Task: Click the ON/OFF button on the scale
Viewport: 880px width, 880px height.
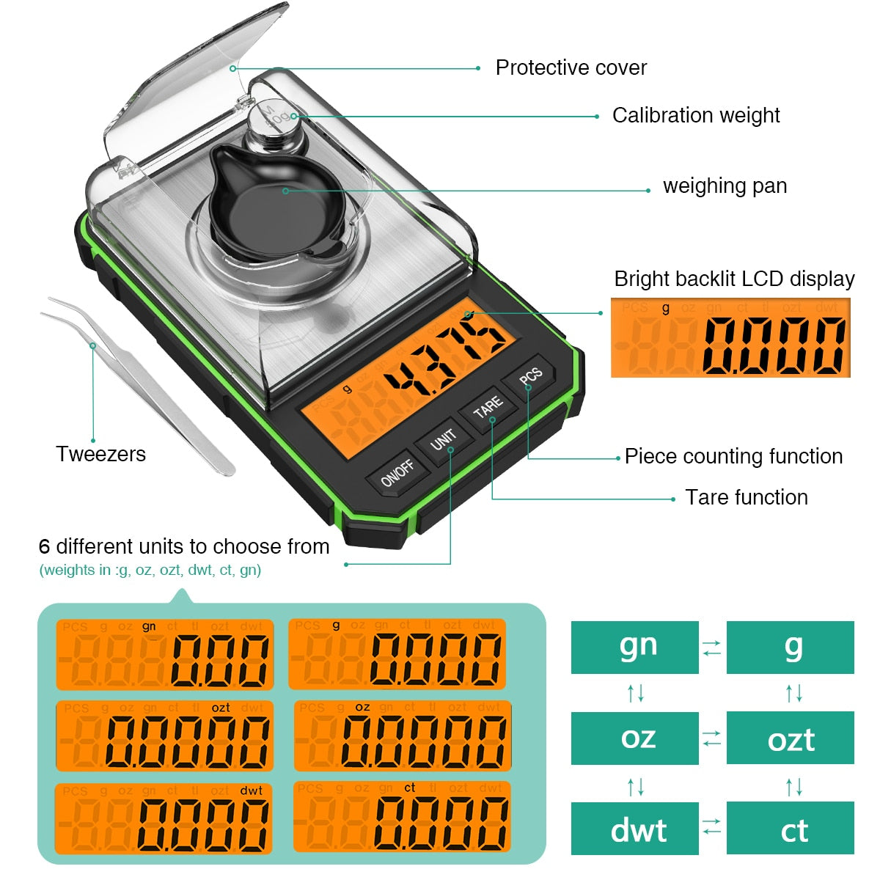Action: point(397,473)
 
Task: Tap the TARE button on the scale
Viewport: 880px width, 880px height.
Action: point(488,408)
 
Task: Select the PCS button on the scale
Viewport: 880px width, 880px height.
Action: point(530,375)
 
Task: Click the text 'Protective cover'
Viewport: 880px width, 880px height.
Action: point(571,67)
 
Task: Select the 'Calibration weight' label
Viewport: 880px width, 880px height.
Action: point(695,115)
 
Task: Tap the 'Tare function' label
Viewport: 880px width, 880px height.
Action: point(746,497)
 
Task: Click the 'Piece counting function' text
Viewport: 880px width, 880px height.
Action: point(733,456)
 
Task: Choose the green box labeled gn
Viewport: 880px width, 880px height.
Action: point(634,647)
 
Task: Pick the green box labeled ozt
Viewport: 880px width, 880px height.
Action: point(790,738)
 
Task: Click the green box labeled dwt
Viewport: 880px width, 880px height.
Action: point(634,828)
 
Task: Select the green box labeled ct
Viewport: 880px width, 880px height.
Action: point(790,828)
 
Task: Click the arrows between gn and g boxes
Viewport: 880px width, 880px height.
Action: point(712,648)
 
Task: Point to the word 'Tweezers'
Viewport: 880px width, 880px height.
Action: point(100,454)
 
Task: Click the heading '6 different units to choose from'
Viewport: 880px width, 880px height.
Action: point(183,546)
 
